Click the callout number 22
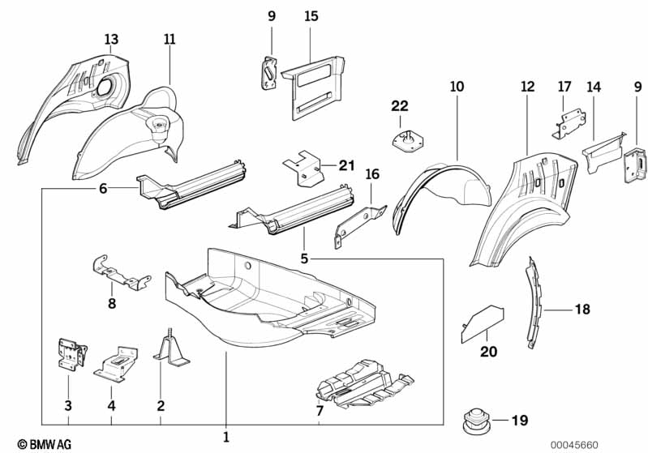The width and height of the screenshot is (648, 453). (400, 106)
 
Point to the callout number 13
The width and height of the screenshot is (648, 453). (111, 40)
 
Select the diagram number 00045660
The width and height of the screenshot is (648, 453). (574, 444)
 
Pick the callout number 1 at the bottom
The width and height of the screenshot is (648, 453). (225, 438)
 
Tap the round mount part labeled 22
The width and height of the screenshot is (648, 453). (408, 140)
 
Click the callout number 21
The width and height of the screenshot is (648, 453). (347, 166)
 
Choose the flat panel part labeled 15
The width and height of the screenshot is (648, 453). (312, 86)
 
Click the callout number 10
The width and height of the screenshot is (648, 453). (457, 86)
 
